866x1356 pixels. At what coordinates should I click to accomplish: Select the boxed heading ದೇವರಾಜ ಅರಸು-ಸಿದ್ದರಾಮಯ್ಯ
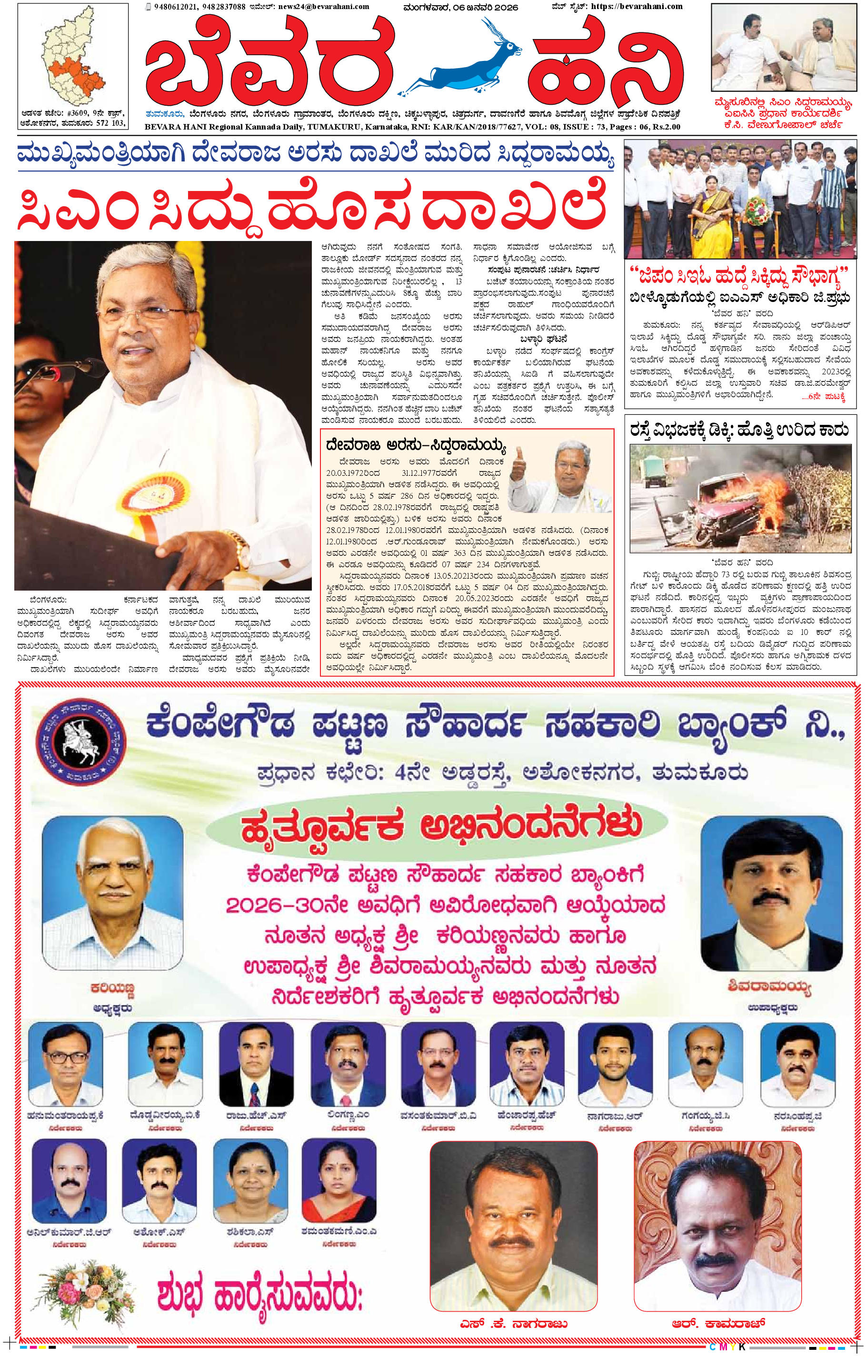417,447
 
